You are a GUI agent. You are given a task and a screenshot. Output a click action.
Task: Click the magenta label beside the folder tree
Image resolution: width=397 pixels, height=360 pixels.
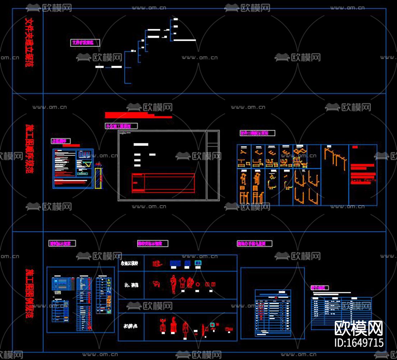point(85,42)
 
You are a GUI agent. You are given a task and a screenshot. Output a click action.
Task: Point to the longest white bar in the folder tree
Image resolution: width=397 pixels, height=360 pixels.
point(184,40)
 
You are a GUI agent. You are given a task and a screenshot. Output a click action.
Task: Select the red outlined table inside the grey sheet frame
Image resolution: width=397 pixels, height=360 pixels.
point(163,183)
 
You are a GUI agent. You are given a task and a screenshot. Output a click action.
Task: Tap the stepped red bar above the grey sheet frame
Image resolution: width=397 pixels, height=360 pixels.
point(138,115)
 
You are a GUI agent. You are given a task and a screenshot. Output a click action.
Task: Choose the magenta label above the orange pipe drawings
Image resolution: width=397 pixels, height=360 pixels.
point(257,133)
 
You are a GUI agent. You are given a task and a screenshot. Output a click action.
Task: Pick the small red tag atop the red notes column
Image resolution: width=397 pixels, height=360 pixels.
point(355,147)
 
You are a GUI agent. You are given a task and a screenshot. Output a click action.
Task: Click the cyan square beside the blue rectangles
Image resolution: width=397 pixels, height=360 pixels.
point(197,263)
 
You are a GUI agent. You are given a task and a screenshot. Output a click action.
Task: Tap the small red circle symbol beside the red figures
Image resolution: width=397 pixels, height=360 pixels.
point(198,284)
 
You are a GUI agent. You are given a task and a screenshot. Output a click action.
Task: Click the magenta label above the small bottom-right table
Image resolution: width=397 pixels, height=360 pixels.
point(319,288)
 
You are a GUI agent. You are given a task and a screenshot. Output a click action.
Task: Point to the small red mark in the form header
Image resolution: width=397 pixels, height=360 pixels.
point(276,297)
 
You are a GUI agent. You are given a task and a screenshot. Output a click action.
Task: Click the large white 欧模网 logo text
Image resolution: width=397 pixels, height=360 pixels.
point(358,328)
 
